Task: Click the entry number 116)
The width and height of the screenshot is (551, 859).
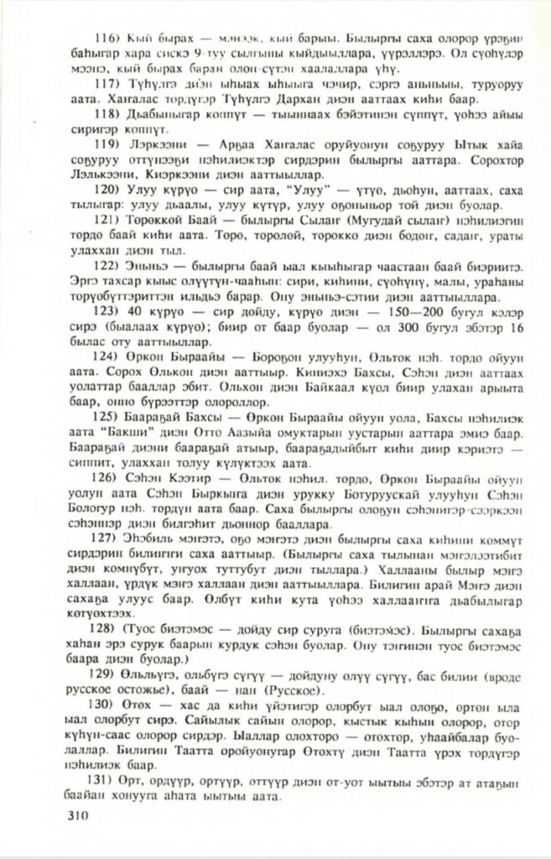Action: tap(111, 39)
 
